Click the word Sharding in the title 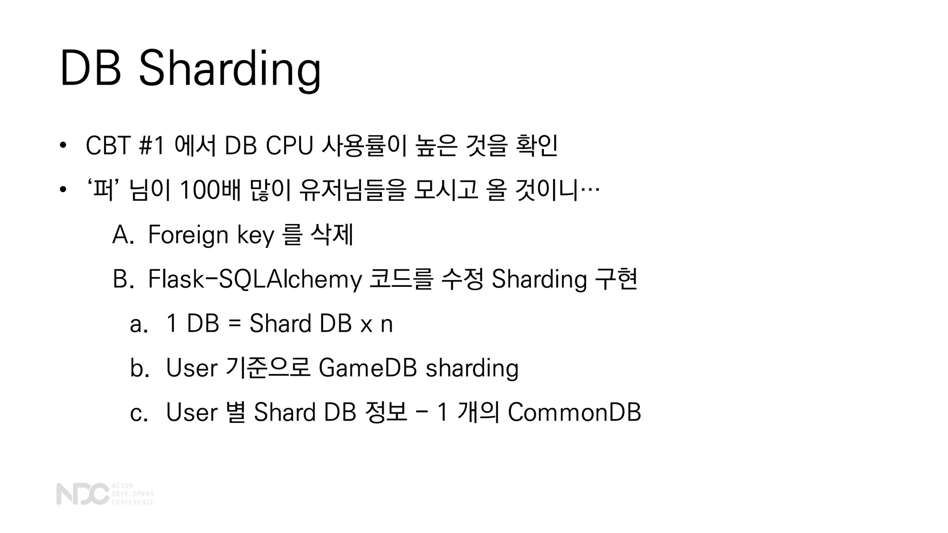pos(229,69)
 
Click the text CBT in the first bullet pos(107,146)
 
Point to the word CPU pos(289,146)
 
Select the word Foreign pos(188,235)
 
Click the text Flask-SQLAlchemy pos(254,279)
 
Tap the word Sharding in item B pos(539,279)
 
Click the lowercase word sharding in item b pos(472,368)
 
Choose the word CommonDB pos(574,412)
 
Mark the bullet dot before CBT pos(63,146)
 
